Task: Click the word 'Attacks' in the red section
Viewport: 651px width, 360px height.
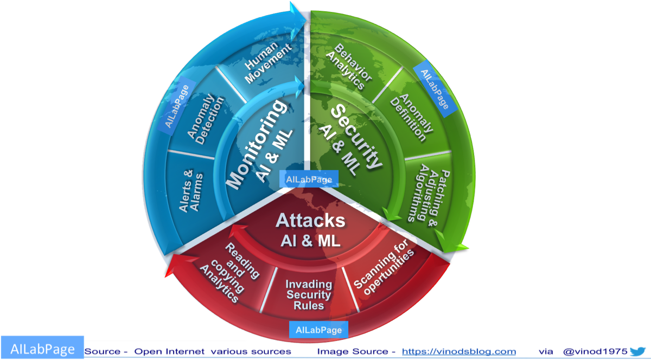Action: tap(310, 221)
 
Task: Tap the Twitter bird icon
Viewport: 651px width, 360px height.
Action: tap(639, 351)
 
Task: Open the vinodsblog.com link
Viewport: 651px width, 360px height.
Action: tap(458, 351)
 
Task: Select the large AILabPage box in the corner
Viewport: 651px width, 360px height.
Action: tap(42, 349)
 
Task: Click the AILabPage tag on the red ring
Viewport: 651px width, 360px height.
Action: tap(318, 329)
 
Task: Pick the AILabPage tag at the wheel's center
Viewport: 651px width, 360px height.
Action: tap(309, 178)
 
